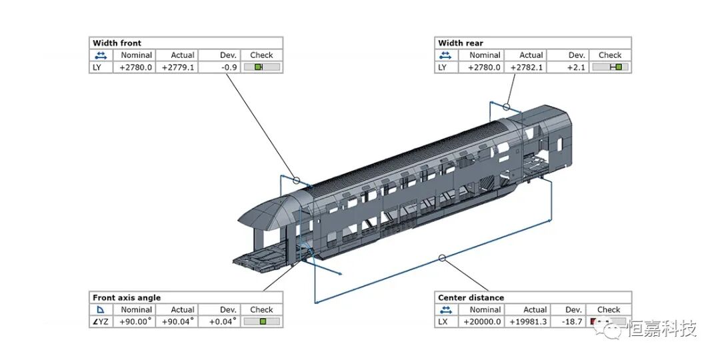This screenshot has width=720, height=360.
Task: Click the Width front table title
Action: click(117, 43)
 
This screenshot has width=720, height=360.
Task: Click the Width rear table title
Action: click(461, 43)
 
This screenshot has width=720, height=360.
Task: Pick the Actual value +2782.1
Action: click(527, 67)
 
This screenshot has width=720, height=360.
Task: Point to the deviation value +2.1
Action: click(575, 67)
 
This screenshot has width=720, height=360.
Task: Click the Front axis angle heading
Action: click(127, 298)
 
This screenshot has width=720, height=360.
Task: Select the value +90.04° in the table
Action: click(178, 321)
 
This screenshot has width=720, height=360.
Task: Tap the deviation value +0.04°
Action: click(223, 321)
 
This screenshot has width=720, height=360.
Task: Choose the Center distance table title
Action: click(471, 298)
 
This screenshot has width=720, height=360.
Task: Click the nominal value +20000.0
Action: click(482, 321)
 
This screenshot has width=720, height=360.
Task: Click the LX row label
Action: click(443, 321)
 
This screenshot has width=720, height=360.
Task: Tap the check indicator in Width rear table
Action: click(611, 67)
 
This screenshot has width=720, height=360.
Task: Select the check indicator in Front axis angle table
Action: click(262, 321)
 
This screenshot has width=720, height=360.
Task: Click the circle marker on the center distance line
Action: click(441, 258)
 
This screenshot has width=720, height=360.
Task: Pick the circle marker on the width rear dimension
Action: click(507, 106)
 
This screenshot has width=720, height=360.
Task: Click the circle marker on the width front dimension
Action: click(296, 180)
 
